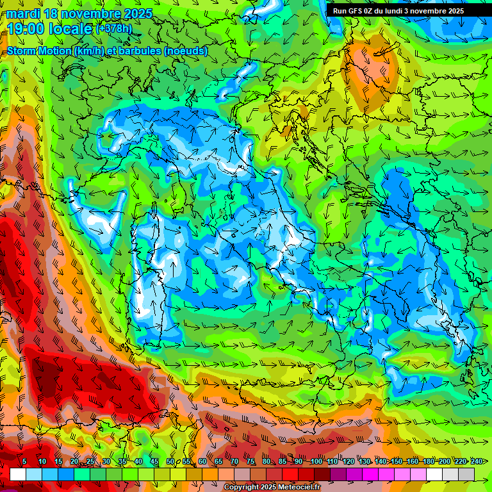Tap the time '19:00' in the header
pyautogui.click(x=28, y=29)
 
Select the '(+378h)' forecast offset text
pyautogui.click(x=113, y=28)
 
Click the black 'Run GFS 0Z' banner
pyautogui.click(x=407, y=11)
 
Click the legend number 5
pyautogui.click(x=24, y=461)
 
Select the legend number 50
pyautogui.click(x=170, y=461)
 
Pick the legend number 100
pyautogui.click(x=316, y=461)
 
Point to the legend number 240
pyautogui.click(x=476, y=461)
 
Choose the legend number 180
pyautogui.click(x=428, y=461)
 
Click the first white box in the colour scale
pyautogui.click(x=18, y=474)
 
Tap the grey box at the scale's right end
pyautogui.click(x=466, y=474)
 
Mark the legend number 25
pyautogui.click(x=90, y=461)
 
